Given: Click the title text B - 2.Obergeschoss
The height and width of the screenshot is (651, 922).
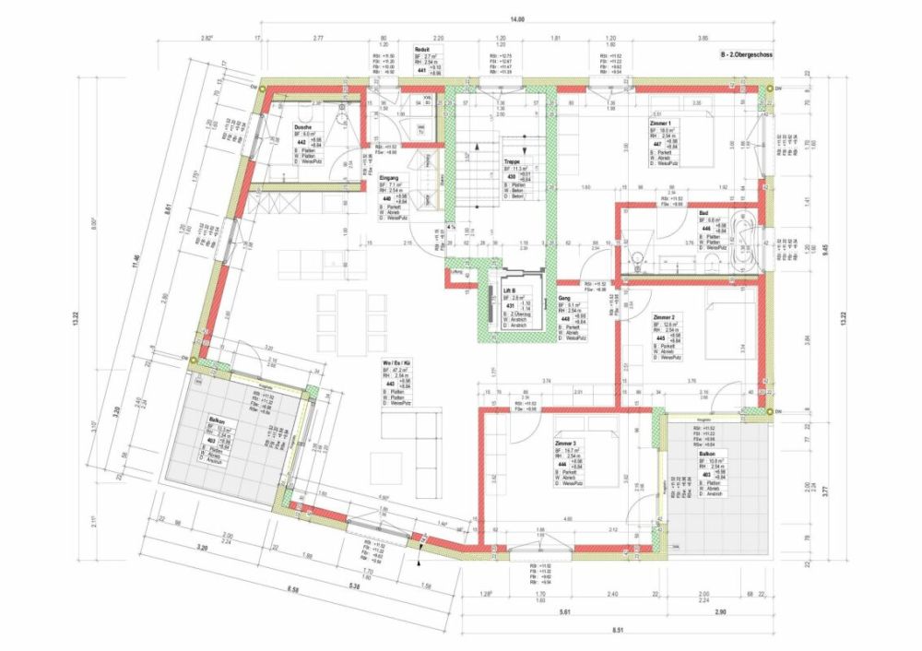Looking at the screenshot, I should pos(747,55).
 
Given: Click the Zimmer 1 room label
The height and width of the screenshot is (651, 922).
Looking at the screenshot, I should pos(660,123).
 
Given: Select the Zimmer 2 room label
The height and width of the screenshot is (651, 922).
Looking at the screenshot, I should pos(663,317).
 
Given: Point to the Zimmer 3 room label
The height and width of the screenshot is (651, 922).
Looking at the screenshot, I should pos(567,444).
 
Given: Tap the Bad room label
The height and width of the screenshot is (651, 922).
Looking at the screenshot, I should pos(703,212).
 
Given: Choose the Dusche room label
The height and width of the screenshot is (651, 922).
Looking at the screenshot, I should pos(302,126).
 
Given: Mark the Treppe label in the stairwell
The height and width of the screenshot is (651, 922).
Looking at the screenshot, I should pos(512,160).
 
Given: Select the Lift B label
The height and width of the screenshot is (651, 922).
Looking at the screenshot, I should pos(509,289).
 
